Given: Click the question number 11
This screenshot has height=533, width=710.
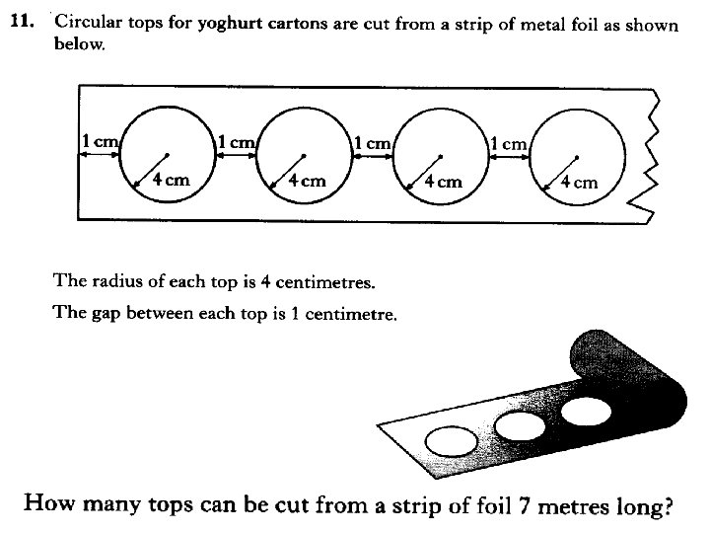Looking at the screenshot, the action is tap(23, 22).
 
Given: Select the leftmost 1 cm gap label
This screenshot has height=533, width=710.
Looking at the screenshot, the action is tap(100, 142).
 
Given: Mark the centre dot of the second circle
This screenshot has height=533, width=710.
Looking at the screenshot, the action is tap(304, 155).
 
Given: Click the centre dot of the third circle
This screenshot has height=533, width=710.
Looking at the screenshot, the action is tap(441, 155).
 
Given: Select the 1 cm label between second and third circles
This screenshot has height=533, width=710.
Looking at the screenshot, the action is tap(372, 143).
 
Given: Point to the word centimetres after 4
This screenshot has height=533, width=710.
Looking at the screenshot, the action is tap(321, 282).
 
